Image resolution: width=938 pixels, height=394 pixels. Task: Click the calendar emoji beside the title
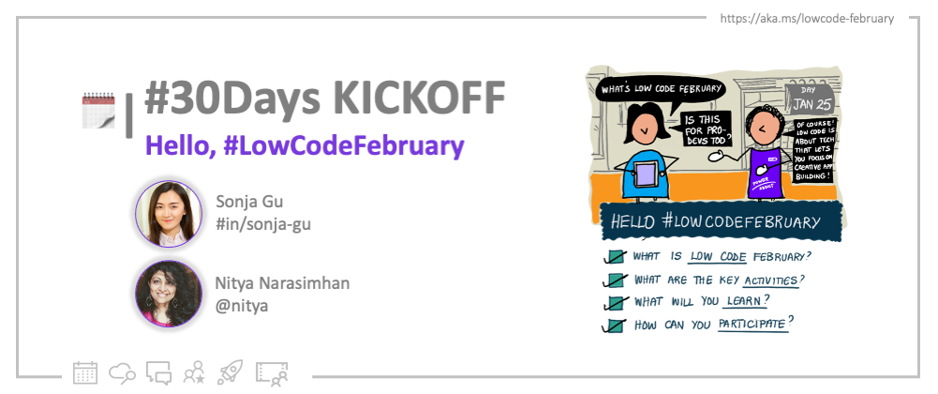point(98,109)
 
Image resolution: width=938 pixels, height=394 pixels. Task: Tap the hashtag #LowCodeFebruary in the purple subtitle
point(344,147)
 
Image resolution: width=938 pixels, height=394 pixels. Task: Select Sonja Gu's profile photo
point(169,214)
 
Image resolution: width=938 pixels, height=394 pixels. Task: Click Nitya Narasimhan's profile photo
point(169,293)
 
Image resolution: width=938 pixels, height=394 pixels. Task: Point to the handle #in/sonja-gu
point(262,223)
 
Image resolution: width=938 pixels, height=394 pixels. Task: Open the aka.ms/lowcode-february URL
point(807,18)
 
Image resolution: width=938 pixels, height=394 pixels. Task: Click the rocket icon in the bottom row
point(230,372)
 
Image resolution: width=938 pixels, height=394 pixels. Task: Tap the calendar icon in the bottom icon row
point(85,372)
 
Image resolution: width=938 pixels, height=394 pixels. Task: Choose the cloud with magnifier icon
point(123,372)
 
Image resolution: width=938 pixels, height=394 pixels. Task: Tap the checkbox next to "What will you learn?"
point(615,303)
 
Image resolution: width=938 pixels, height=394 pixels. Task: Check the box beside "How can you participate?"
point(615,326)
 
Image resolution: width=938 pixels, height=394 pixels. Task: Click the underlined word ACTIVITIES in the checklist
point(772,279)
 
